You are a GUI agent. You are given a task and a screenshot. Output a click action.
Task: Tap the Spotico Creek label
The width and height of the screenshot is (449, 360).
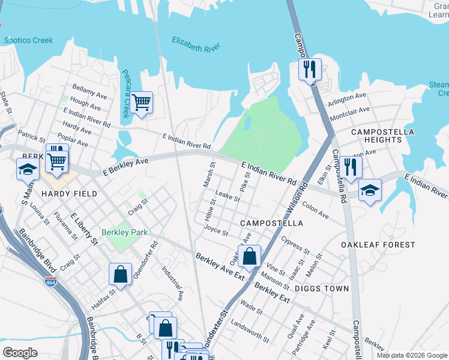click(x=28, y=41)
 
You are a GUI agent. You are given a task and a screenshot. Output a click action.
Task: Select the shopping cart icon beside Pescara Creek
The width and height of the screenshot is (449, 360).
click(x=141, y=102)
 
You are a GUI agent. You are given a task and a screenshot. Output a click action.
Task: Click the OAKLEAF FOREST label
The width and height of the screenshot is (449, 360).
click(x=378, y=245)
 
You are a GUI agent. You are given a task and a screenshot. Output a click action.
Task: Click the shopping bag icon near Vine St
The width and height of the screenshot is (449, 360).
click(x=249, y=256)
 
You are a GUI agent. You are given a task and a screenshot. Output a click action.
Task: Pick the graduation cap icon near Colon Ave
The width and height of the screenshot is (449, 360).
click(x=370, y=190)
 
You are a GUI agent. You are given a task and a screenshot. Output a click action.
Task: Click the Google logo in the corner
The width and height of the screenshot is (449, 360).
click(x=20, y=353)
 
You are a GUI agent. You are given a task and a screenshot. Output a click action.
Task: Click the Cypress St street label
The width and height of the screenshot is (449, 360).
click(x=295, y=243)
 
